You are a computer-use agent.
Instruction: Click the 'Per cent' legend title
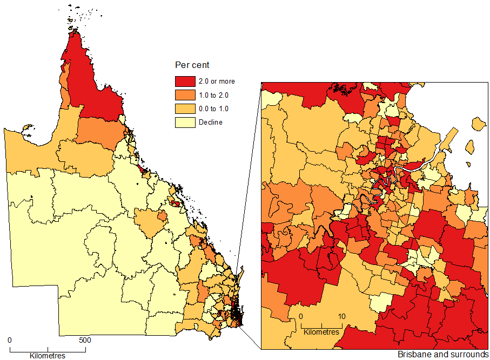point(192,65)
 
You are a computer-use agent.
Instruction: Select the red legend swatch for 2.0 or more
point(185,81)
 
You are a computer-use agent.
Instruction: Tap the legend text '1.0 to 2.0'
point(214,95)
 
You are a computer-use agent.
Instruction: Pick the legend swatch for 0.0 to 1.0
point(185,108)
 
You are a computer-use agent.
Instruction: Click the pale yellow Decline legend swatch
point(185,122)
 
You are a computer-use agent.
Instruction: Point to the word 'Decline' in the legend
point(210,122)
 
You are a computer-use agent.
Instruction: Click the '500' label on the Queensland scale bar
point(85,341)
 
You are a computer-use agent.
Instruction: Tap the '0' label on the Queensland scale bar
point(10,341)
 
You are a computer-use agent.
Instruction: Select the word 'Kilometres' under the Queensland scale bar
point(47,356)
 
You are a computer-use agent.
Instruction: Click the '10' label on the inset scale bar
point(341,316)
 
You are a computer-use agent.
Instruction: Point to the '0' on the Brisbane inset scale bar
point(301,316)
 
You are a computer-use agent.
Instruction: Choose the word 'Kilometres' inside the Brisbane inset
point(321,331)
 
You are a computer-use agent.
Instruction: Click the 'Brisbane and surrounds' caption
point(442,355)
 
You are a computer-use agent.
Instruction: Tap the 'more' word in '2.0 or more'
point(226,81)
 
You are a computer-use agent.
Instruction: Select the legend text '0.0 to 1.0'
point(214,108)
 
